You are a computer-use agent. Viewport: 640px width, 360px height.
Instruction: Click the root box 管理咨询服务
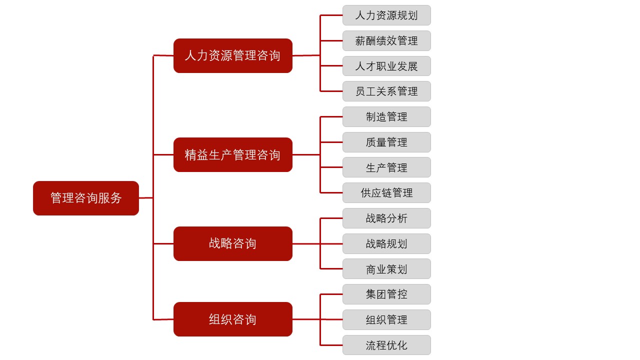86,198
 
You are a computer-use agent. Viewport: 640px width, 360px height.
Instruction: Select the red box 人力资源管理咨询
233,55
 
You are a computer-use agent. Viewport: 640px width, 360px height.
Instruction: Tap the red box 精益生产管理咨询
233,155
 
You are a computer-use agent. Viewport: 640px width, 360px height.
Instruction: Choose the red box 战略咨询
233,243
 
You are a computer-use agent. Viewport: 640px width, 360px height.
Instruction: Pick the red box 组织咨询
233,319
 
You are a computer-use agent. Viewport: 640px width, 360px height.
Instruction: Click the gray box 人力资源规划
386,15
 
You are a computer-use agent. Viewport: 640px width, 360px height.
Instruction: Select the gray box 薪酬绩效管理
386,40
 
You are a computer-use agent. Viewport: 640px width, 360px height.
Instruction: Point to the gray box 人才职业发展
386,66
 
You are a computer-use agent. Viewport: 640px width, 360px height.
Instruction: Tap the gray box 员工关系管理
386,91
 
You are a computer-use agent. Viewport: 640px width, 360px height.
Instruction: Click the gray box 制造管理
386,116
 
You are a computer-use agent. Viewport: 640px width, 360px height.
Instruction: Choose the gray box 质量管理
386,142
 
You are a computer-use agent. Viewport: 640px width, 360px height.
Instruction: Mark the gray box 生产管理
386,167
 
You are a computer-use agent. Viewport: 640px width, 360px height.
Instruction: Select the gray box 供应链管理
386,192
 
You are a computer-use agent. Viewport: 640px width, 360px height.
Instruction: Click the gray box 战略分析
386,218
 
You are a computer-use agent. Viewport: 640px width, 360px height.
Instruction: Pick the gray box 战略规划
386,243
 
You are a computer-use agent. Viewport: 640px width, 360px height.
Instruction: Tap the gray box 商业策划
386,269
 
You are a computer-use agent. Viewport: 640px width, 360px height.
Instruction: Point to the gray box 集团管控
386,294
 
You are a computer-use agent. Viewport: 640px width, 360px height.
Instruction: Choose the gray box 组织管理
386,319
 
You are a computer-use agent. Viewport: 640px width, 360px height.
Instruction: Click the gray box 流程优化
386,345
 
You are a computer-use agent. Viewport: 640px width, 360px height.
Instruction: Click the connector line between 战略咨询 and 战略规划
317,243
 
